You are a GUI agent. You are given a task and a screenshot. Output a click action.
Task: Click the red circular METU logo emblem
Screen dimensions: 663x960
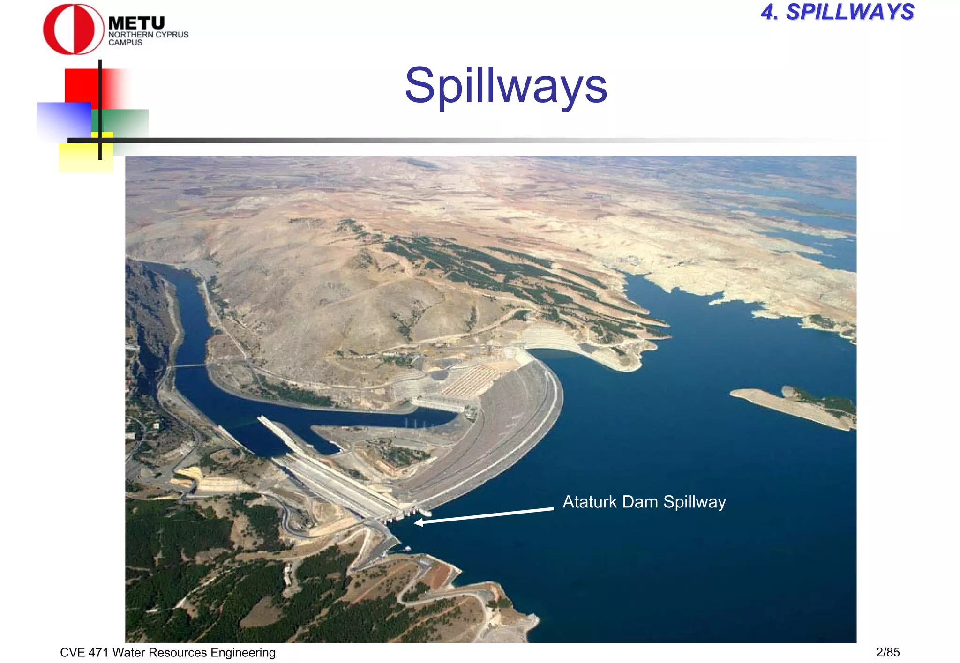pyautogui.click(x=73, y=29)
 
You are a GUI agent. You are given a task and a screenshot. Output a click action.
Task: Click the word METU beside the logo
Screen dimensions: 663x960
pyautogui.click(x=136, y=23)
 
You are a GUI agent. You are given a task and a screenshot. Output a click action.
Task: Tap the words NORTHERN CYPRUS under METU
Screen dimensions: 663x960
pyautogui.click(x=148, y=35)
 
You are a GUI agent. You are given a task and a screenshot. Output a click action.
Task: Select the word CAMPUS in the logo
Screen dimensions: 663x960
pyautogui.click(x=125, y=43)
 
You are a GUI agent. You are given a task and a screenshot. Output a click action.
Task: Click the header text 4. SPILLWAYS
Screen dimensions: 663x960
pyautogui.click(x=837, y=12)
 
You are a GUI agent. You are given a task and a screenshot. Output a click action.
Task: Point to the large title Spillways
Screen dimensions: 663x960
pyautogui.click(x=506, y=85)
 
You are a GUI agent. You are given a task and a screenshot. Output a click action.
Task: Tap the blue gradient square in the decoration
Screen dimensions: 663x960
pyautogui.click(x=63, y=121)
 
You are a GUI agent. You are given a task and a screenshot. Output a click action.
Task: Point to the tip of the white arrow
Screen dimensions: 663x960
pyautogui.click(x=415, y=522)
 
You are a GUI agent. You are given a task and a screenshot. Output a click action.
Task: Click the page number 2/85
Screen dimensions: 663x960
pyautogui.click(x=887, y=652)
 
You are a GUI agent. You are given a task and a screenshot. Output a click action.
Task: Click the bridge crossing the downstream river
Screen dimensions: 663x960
pyautogui.click(x=190, y=365)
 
